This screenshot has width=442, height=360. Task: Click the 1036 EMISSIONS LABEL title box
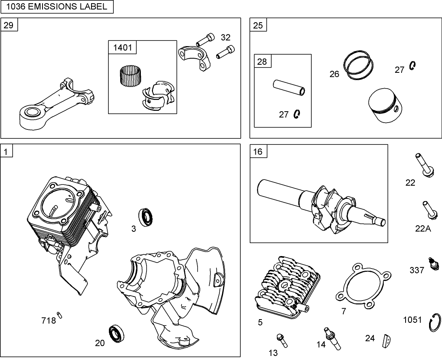(x=57, y=6)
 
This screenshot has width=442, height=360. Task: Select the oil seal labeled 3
(x=146, y=217)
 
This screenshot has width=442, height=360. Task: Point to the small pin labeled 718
(x=60, y=315)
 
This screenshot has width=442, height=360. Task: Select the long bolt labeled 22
(x=424, y=165)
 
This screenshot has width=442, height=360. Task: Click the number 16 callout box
(x=258, y=152)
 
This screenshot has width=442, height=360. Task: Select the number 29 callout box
(x=8, y=25)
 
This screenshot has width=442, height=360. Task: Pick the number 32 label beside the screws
(x=225, y=38)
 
